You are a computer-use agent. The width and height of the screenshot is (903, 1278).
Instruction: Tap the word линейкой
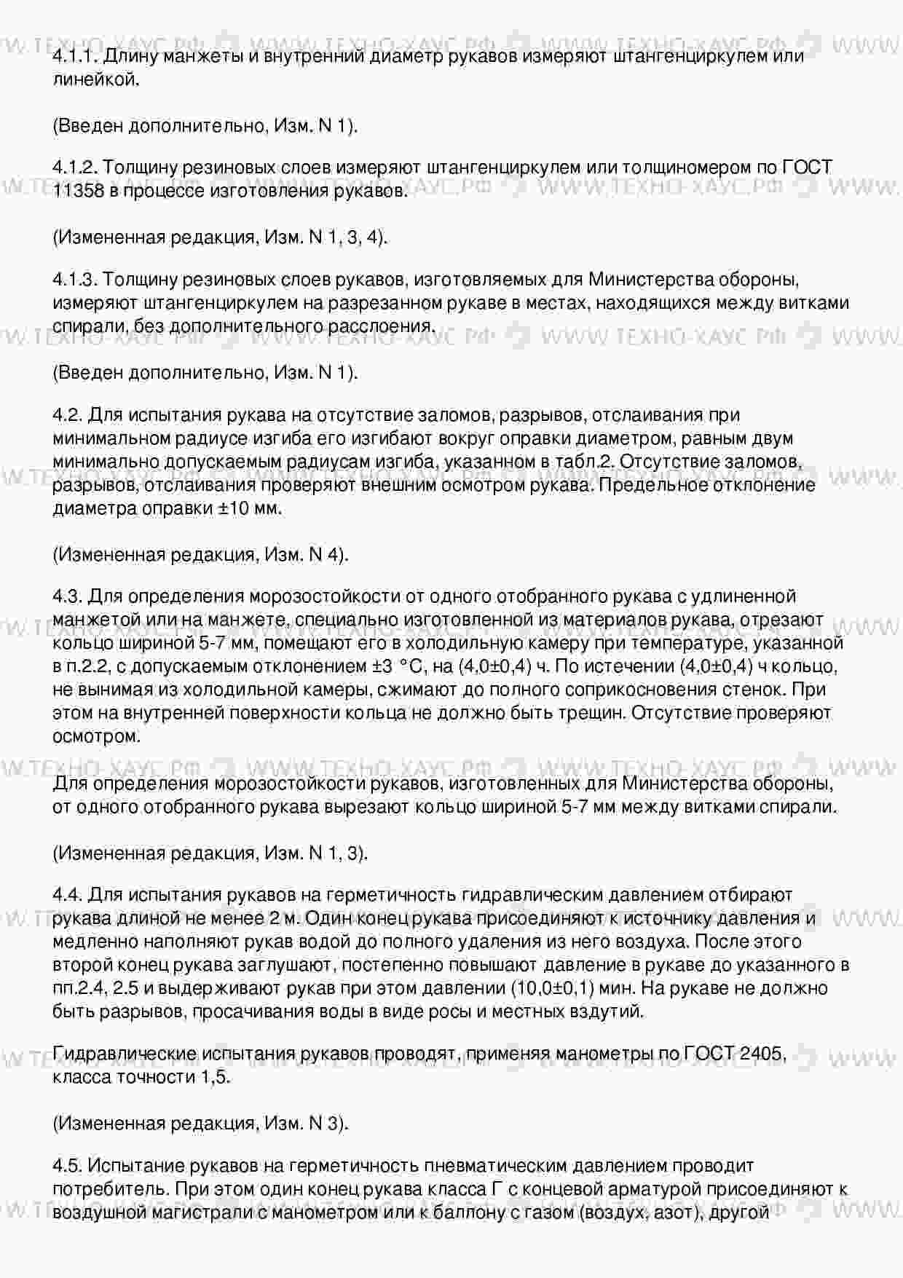point(95,79)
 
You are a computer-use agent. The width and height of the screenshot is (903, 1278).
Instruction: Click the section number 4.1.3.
point(75,280)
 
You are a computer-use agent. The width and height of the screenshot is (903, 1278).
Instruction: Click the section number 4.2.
point(68,415)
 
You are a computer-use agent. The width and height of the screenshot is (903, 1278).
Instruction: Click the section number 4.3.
point(68,596)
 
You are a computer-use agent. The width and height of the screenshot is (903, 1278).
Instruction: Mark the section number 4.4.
point(68,895)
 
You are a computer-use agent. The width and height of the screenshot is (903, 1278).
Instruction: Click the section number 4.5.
point(68,1166)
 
